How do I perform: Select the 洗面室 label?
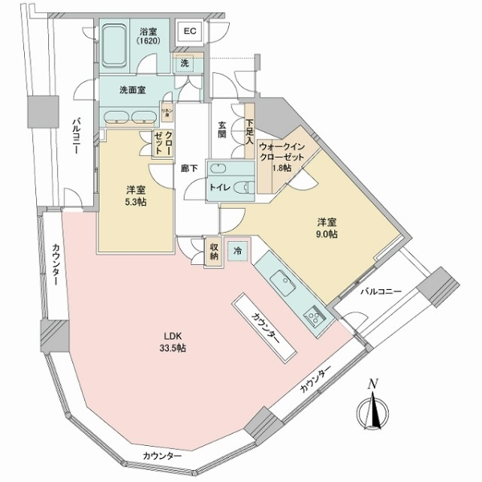click(x=131, y=89)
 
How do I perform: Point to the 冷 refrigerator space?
click(x=237, y=251)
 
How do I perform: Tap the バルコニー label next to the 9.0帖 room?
click(x=382, y=290)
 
